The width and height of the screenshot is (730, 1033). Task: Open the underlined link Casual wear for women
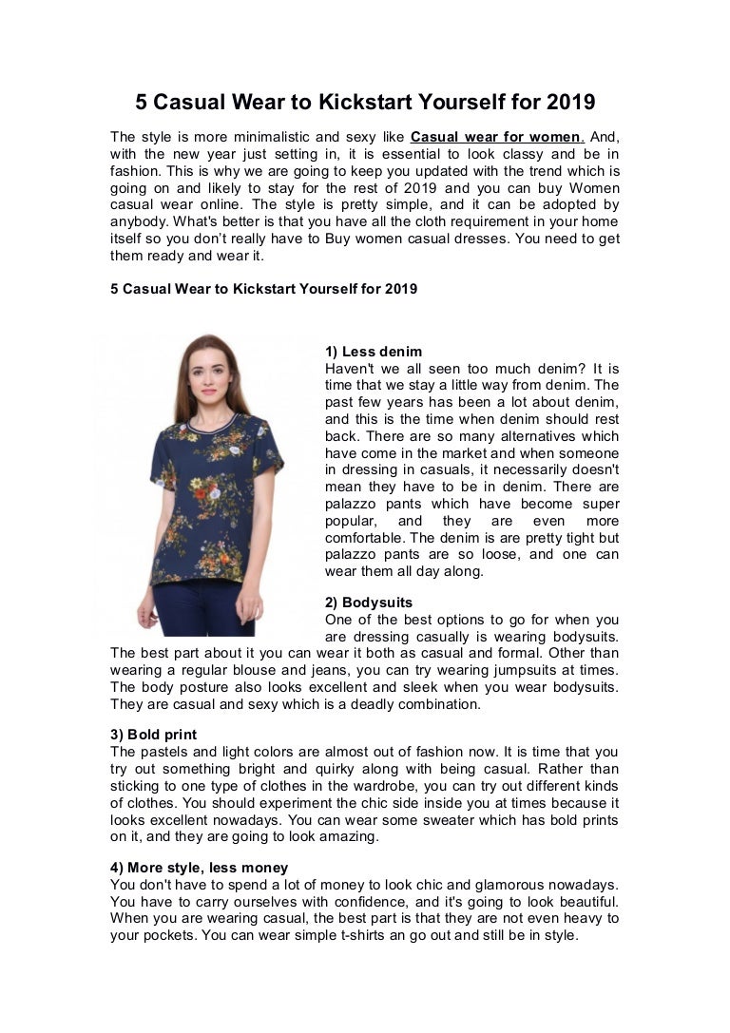[x=497, y=136]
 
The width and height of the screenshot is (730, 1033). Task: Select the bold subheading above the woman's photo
[x=263, y=289]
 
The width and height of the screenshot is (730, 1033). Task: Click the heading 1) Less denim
[x=374, y=352]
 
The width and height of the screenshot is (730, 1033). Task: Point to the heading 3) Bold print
[x=154, y=735]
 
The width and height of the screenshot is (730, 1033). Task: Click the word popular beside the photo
[x=354, y=522]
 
